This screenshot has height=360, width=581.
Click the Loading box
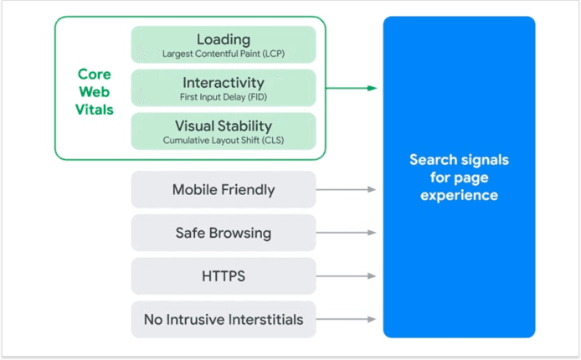tap(223, 44)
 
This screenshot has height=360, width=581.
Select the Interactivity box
tap(223, 88)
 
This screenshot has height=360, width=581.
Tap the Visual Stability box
tap(223, 131)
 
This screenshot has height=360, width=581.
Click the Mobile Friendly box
tap(223, 189)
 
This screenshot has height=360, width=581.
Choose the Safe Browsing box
tap(223, 233)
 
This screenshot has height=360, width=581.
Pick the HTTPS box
tap(223, 275)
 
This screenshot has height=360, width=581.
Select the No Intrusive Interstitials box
tap(223, 319)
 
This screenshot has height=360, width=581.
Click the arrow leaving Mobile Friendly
tap(347, 189)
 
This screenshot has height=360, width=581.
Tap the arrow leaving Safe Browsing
tap(347, 233)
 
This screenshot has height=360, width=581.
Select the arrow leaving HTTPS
tap(347, 275)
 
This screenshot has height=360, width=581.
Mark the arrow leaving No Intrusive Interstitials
tap(347, 319)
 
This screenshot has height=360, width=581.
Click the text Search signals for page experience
tap(459, 177)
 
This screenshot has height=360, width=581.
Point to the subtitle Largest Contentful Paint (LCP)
tap(223, 54)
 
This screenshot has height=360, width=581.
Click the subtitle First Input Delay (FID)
tap(223, 98)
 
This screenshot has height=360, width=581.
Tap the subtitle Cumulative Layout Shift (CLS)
tap(223, 141)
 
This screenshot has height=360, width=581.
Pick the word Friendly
tap(247, 189)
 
